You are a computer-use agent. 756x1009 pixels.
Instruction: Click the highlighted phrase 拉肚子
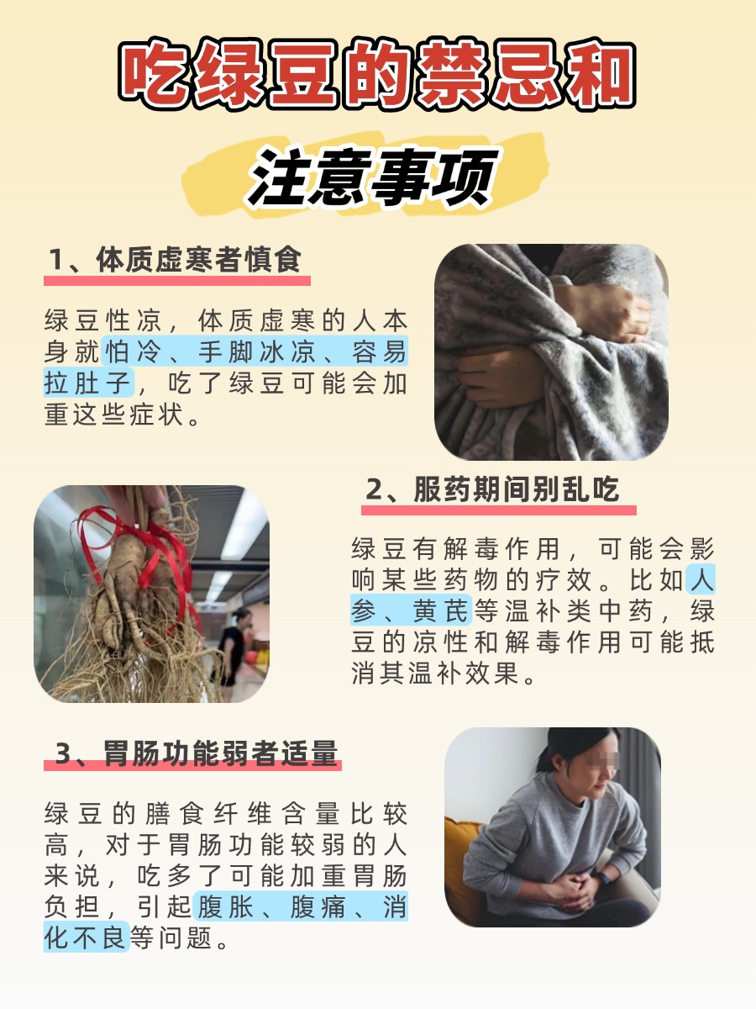point(88,383)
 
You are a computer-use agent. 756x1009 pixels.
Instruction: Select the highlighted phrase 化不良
point(87,936)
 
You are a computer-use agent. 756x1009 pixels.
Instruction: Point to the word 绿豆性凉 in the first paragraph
point(102,321)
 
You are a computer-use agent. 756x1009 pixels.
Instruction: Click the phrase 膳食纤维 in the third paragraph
point(211,814)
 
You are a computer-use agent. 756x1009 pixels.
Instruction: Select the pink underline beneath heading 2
point(499,510)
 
